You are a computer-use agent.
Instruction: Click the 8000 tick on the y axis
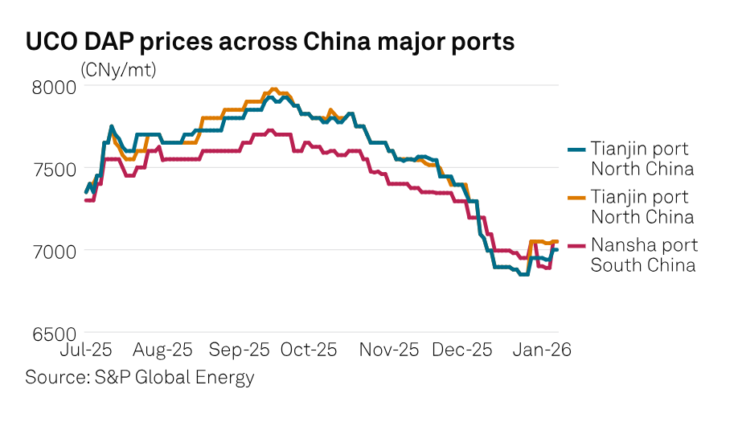coord(54,86)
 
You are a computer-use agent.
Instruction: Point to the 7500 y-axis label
coord(54,168)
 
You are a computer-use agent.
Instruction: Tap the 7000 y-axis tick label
coord(54,251)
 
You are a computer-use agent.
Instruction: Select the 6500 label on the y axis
coord(54,333)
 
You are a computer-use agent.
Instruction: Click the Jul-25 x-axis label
coord(86,350)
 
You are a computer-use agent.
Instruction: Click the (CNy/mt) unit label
coord(118,70)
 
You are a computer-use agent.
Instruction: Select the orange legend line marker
coord(576,198)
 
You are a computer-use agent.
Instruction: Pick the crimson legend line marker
coord(576,246)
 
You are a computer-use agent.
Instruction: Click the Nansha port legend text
coord(644,245)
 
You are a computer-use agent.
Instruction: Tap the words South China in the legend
coord(642,264)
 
